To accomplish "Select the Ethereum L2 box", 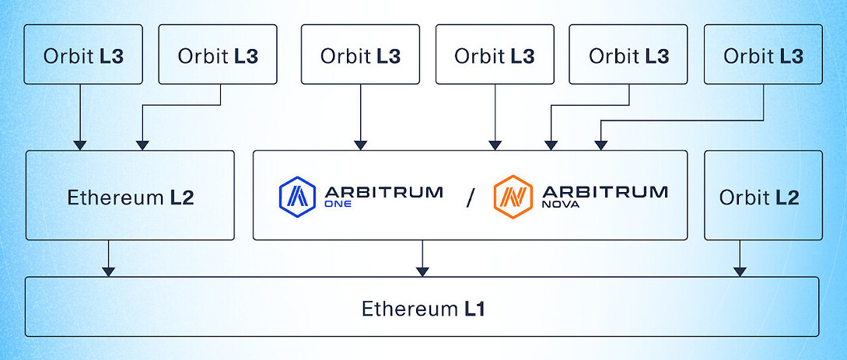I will click(130, 196).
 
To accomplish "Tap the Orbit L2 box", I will click(763, 196).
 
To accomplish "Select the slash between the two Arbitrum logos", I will click(469, 197).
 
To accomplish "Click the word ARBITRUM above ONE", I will click(383, 191).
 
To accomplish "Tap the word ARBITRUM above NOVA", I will click(604, 191).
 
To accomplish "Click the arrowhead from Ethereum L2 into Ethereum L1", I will click(109, 271).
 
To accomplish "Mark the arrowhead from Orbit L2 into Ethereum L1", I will click(740, 271).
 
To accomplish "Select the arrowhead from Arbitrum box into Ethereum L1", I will click(422, 271).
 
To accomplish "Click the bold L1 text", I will click(475, 309).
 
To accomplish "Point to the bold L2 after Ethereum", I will click(181, 197).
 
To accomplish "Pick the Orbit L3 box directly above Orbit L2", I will click(763, 54).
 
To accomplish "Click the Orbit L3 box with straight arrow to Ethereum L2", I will click(83, 54).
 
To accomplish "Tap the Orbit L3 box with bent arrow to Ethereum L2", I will click(218, 54).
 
